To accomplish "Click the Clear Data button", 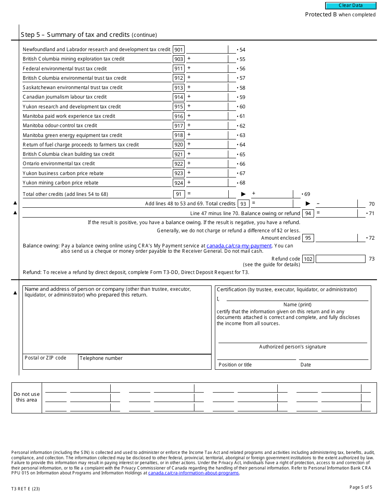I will pos(350,6).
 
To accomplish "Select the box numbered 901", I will pos(178,49).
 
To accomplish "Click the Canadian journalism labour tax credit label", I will pos(65,97).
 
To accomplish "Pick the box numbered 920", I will pos(178,145).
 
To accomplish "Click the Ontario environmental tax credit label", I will pos(59,164).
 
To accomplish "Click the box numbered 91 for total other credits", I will pos(178,194).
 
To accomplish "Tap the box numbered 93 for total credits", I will pos(243,204).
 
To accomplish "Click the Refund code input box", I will pos(340,259).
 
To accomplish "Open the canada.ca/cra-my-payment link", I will pos(239,246).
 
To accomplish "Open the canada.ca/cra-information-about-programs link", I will pos(194,473).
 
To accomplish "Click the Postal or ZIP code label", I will pos(45,358).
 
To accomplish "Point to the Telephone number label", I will pos(101,358).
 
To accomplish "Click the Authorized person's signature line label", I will pos(292,347).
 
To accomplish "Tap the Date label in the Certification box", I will pos(305,365).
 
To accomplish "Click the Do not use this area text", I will pos(27,397).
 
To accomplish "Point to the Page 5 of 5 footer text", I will pos(361,487).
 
